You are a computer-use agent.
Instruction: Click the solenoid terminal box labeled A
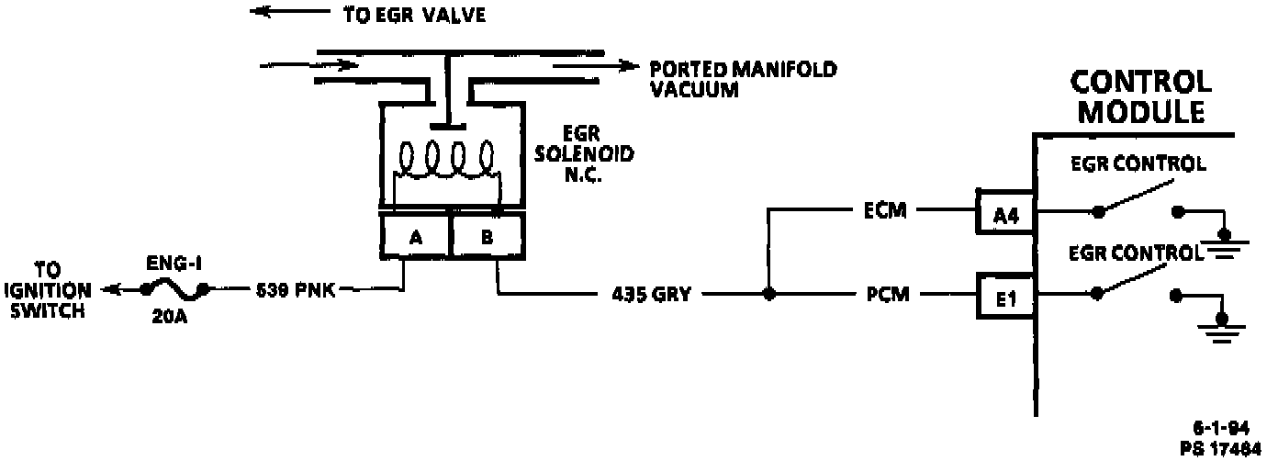click(415, 237)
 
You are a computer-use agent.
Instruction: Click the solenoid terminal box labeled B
click(487, 237)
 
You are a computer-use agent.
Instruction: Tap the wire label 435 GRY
click(650, 295)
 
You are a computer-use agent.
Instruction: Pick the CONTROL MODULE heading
click(1141, 96)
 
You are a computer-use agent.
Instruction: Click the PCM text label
click(886, 295)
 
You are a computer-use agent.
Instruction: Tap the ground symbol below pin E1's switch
click(1220, 328)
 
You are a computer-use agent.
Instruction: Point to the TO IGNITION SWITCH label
click(56, 290)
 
